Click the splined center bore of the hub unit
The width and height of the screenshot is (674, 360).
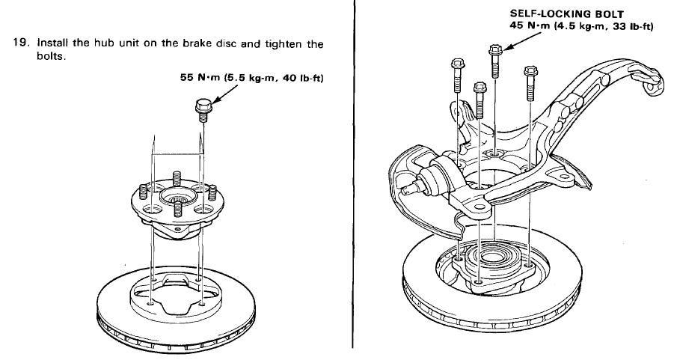tap(179, 200)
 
